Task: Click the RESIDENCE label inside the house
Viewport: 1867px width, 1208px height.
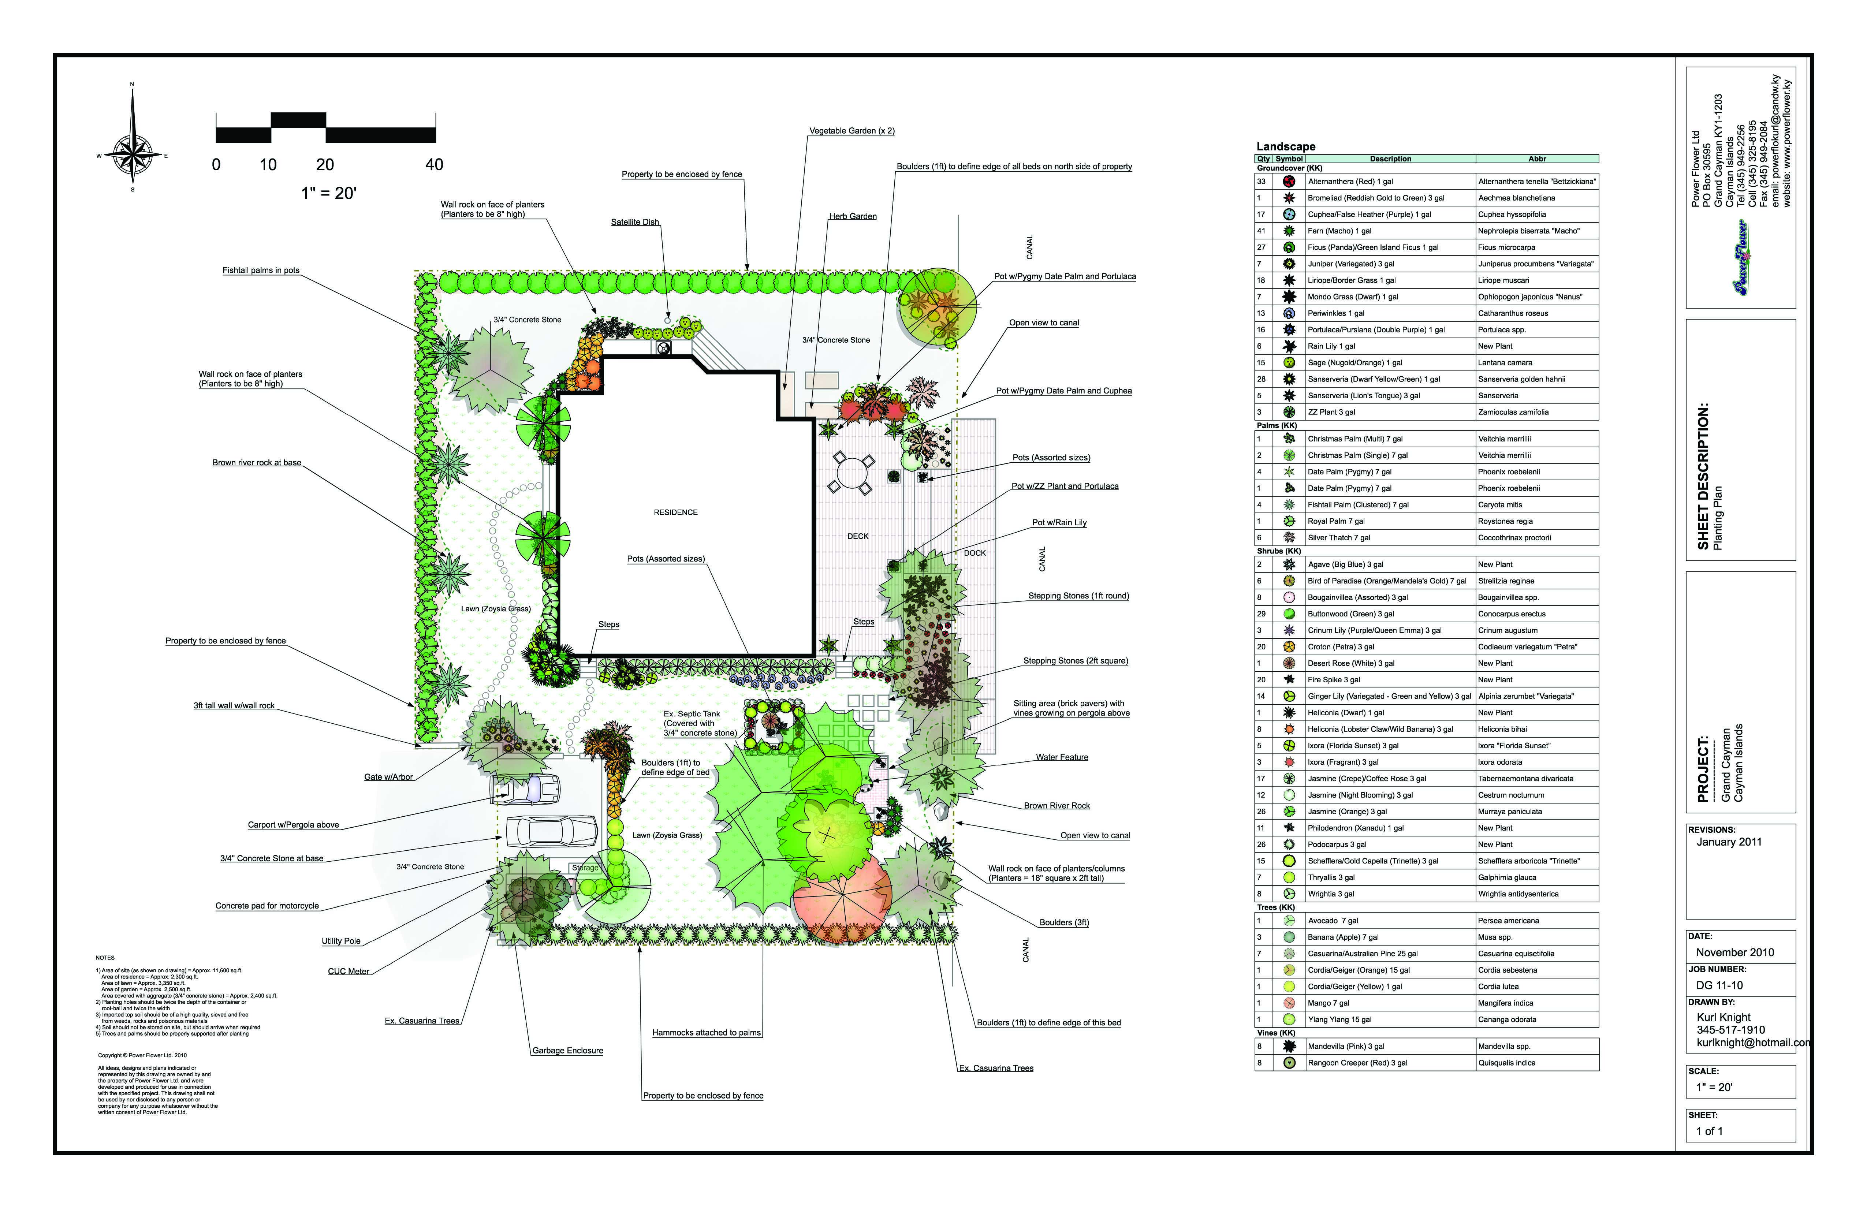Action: (x=675, y=512)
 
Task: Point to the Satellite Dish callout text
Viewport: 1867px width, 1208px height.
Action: (x=635, y=222)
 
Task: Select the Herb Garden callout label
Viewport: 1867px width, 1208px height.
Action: (x=853, y=216)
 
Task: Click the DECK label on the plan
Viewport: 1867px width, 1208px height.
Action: (x=857, y=537)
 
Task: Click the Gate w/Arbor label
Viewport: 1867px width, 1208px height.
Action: (x=388, y=778)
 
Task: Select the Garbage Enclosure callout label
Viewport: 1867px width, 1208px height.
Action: (x=567, y=1050)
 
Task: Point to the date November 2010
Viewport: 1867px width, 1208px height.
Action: (x=1734, y=952)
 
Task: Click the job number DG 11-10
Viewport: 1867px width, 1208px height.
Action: (x=1719, y=985)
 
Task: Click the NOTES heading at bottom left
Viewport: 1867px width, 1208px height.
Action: (x=105, y=958)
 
